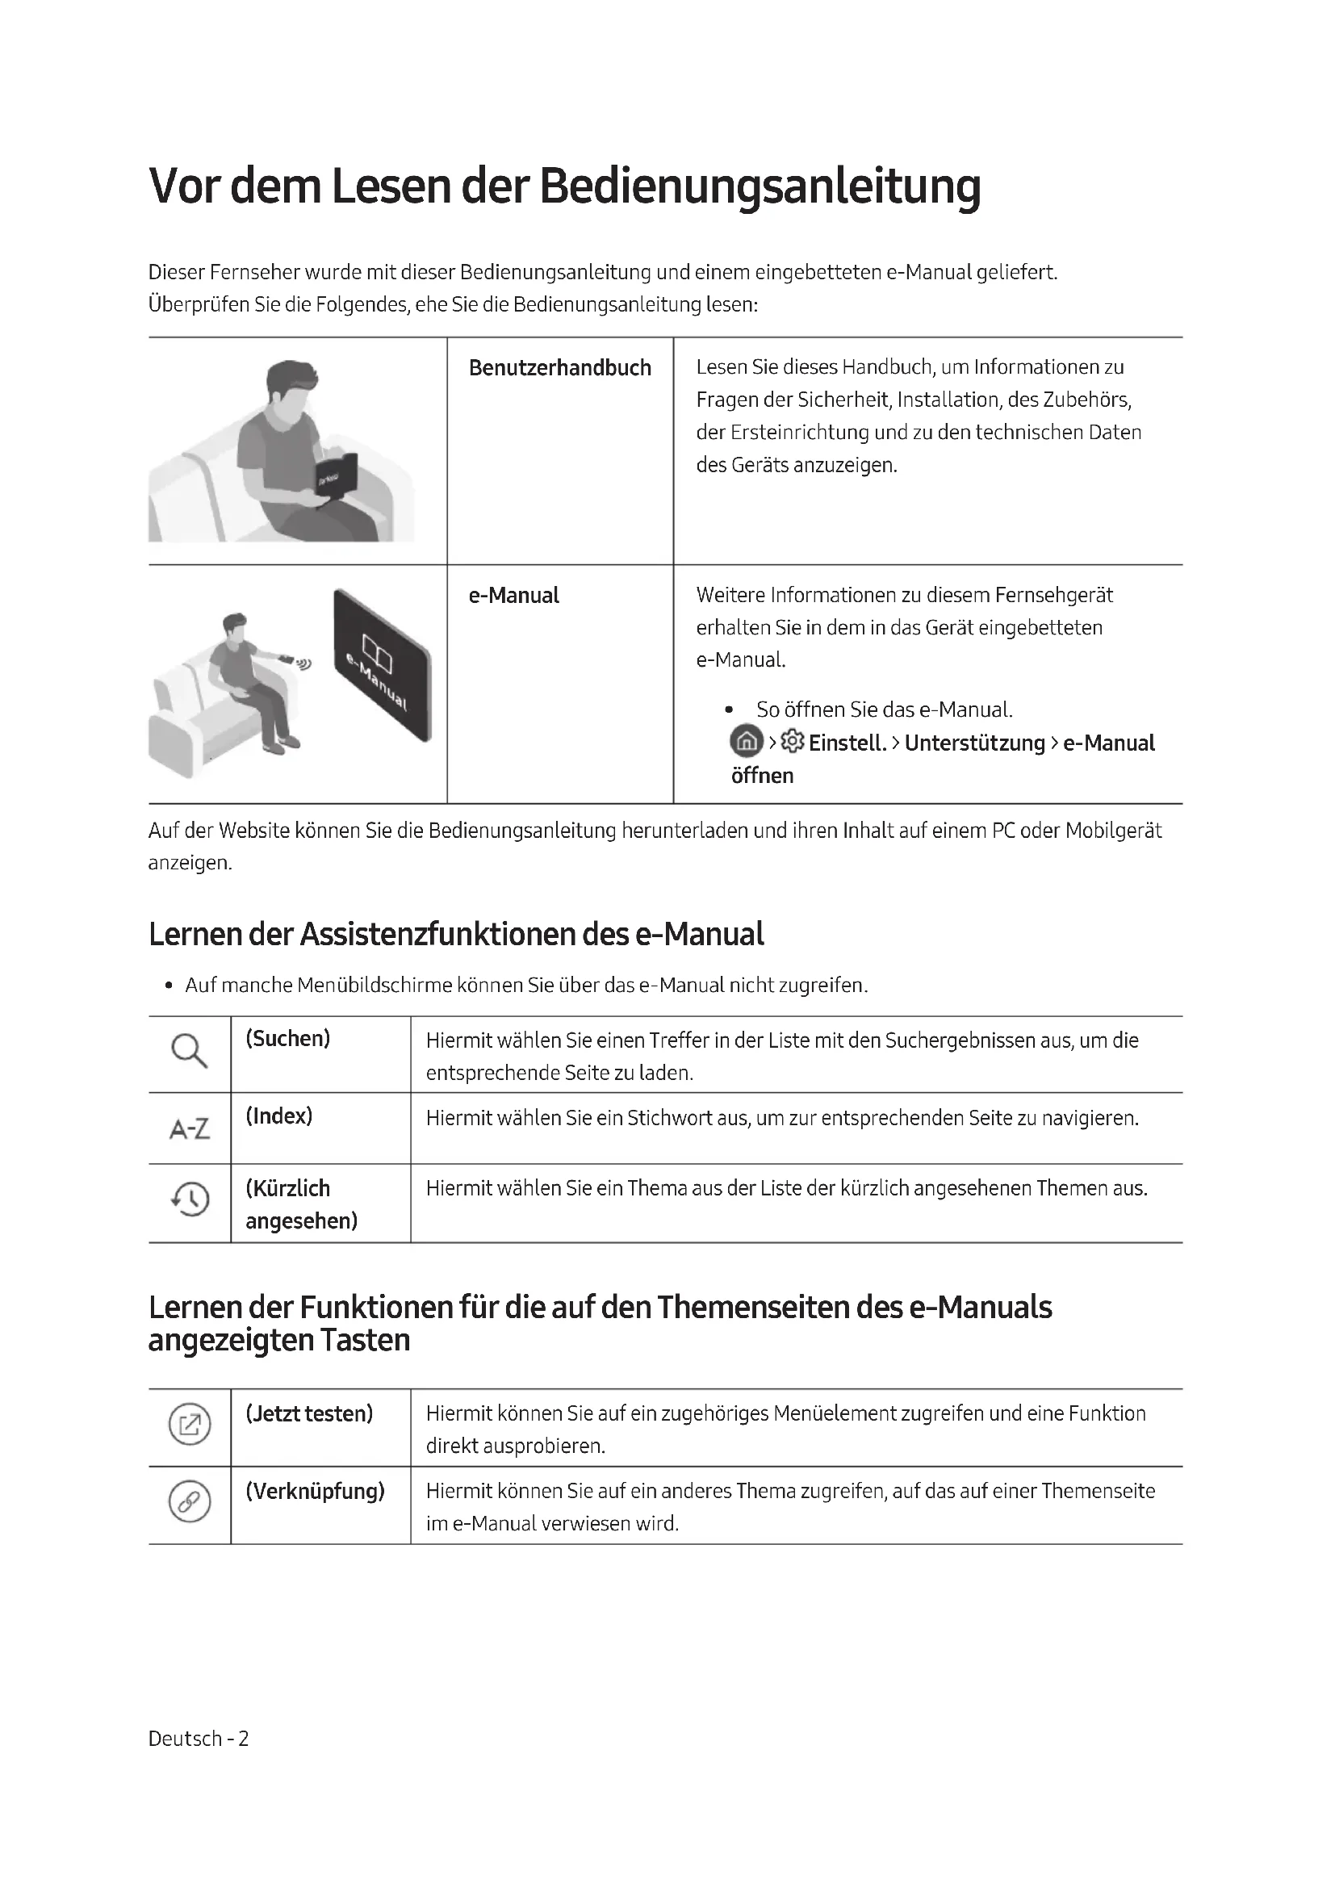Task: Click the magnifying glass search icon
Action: coord(189,1051)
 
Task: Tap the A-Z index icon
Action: coord(189,1128)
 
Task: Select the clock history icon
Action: coord(190,1199)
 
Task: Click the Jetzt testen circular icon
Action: coord(189,1424)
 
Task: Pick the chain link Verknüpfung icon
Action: coord(189,1501)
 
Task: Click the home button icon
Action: coord(746,742)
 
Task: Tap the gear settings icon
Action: coord(793,742)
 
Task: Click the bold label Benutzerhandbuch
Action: coord(559,367)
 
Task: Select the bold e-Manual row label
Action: coord(513,596)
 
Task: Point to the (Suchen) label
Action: coord(287,1039)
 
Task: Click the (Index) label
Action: coord(278,1116)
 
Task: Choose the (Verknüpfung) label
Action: coord(315,1491)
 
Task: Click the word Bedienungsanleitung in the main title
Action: coord(760,186)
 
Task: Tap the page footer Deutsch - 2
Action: coord(198,1739)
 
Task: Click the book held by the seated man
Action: coord(337,472)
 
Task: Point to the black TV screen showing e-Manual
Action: coord(383,664)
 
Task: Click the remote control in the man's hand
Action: coord(285,658)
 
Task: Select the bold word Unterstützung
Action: coord(974,743)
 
